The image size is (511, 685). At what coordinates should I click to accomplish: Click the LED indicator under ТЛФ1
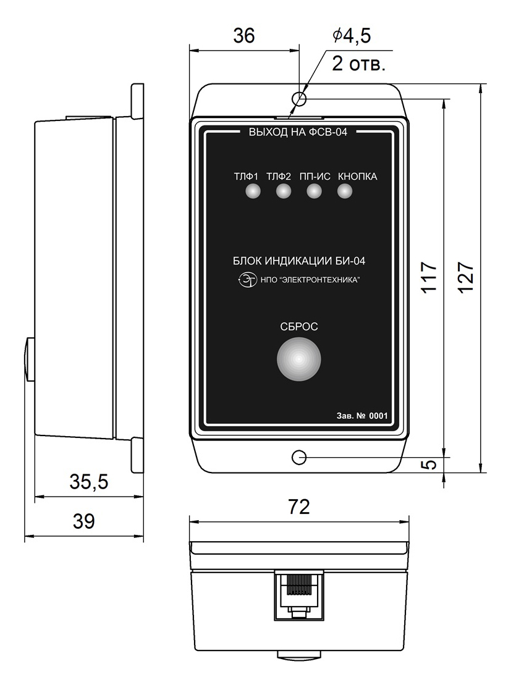click(253, 191)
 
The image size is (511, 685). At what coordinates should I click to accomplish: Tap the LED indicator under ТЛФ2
click(283, 191)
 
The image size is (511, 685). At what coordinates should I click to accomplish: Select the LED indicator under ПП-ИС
click(314, 191)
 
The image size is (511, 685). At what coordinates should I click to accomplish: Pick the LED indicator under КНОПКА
click(344, 191)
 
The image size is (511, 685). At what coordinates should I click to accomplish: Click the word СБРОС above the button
click(299, 326)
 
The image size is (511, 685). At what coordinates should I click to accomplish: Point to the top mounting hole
click(299, 99)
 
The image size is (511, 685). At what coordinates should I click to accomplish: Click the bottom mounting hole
click(299, 458)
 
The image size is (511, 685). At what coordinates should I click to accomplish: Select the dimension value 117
click(429, 277)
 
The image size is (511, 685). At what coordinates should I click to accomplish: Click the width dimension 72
click(299, 506)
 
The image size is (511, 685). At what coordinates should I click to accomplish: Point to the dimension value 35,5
click(89, 482)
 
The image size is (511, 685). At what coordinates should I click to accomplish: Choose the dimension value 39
click(83, 521)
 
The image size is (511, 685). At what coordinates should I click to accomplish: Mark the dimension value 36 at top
click(244, 36)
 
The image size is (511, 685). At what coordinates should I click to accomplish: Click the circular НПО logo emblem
click(248, 279)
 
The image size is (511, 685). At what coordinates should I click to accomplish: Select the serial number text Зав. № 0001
click(362, 416)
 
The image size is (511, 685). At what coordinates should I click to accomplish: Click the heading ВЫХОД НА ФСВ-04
click(298, 132)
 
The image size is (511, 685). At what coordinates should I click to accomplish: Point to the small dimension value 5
click(431, 464)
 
